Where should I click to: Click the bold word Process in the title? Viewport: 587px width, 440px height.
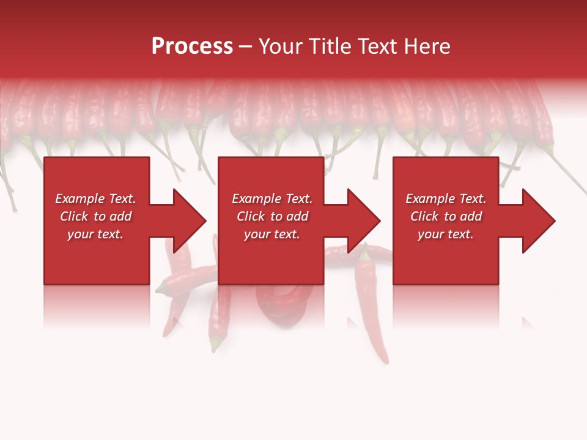[x=192, y=46]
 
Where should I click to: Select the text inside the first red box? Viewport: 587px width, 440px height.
[x=95, y=216]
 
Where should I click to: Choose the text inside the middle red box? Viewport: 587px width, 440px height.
[x=272, y=216]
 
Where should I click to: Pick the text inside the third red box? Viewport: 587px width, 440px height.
[x=446, y=216]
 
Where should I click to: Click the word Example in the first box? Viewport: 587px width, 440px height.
[x=79, y=199]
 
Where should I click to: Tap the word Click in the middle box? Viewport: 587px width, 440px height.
[x=251, y=216]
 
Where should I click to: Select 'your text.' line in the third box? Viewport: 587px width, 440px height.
[x=446, y=234]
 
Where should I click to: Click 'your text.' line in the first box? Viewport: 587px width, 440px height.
[x=95, y=234]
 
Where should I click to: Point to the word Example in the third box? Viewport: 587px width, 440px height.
[x=430, y=199]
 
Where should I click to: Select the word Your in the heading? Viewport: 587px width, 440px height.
[x=279, y=46]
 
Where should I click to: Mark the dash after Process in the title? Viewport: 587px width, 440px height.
[x=246, y=46]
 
